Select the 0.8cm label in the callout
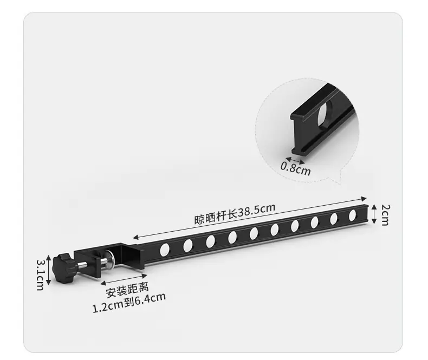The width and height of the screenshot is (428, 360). pos(296,169)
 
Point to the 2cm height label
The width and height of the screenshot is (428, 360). pos(384,215)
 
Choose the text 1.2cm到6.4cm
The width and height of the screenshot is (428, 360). pos(129,303)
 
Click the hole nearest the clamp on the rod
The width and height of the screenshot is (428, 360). pos(164,250)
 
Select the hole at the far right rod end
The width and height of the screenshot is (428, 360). pos(352,215)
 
